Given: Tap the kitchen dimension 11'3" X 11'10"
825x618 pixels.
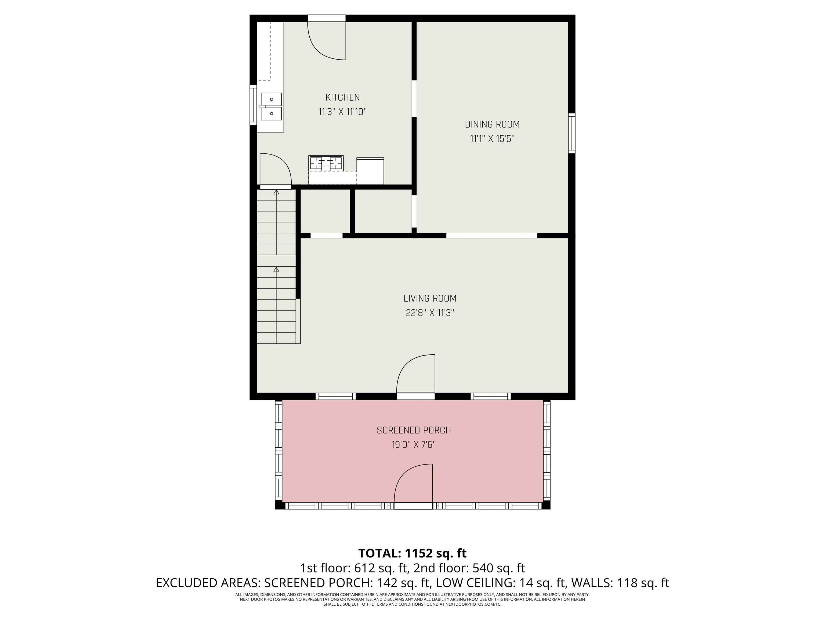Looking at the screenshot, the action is coord(342,112).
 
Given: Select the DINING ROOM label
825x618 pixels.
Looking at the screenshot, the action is coord(492,124).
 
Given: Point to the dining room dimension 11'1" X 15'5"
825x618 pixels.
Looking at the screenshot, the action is coord(492,139).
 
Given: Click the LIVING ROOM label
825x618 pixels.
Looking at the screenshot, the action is coord(430,298).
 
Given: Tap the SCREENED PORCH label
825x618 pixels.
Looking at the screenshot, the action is coord(414,430).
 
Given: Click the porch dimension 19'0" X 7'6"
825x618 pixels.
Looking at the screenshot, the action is coord(414,445).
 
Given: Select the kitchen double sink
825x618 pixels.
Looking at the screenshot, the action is coord(271,106).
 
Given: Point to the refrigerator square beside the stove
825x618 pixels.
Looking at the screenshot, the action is coord(370,171).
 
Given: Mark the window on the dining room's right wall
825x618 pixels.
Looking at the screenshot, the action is coord(571,133).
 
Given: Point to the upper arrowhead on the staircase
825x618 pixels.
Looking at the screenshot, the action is coord(276,192).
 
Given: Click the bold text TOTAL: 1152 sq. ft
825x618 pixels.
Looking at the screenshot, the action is coord(412,553).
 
